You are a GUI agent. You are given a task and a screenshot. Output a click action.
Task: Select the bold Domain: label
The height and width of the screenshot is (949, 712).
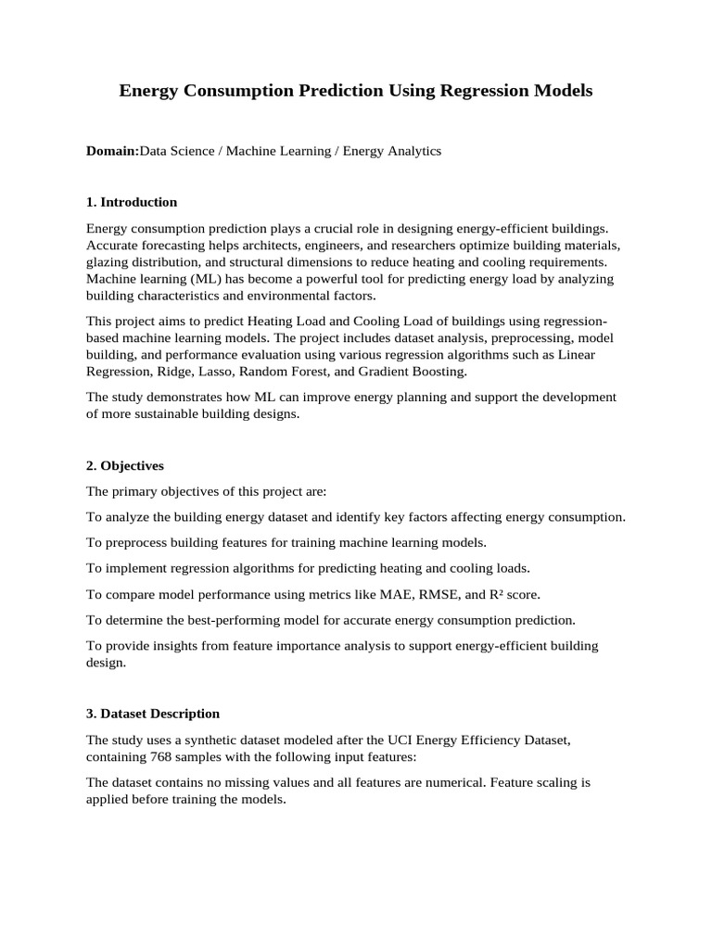pos(112,150)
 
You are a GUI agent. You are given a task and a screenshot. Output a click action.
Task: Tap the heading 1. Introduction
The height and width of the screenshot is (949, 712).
pos(132,202)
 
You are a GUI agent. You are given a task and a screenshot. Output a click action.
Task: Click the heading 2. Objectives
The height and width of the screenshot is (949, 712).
pos(125,465)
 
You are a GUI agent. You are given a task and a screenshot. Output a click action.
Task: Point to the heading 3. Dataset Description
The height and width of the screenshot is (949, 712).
pos(153,714)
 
